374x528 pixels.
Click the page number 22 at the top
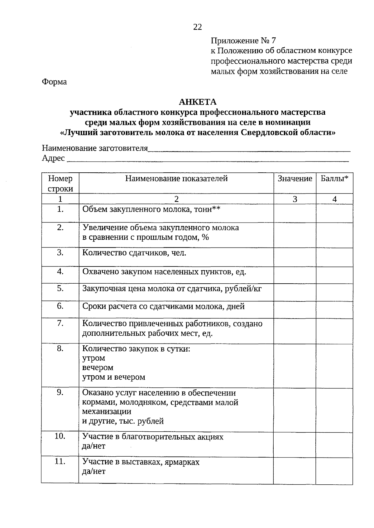[198, 27]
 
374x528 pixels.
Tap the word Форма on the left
[54, 82]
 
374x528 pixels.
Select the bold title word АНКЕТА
[198, 102]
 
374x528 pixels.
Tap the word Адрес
[53, 158]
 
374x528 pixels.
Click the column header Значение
[295, 179]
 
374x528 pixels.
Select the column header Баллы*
[334, 179]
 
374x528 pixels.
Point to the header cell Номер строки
[60, 183]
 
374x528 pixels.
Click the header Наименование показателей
[176, 179]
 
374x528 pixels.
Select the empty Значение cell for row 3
[295, 257]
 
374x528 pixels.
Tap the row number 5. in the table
[60, 289]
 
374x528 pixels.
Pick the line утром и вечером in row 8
[114, 377]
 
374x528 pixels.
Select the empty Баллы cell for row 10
[334, 444]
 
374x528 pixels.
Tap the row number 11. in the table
[60, 462]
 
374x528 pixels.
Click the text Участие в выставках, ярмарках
[141, 462]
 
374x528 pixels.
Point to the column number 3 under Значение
[295, 199]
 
